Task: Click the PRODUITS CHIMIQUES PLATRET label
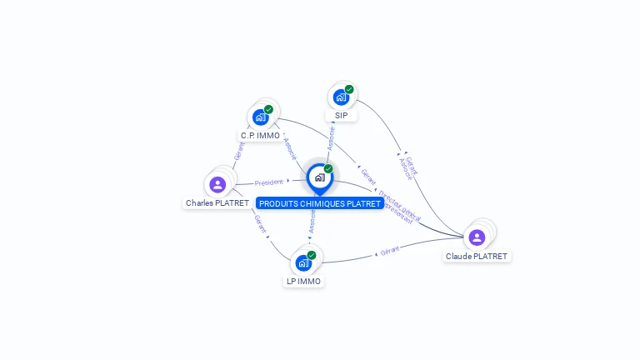320,203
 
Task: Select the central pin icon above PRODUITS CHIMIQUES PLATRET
320,177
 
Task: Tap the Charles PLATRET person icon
217,184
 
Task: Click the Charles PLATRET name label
217,203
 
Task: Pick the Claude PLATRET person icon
477,237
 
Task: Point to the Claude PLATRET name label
477,257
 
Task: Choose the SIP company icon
341,97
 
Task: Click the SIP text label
342,116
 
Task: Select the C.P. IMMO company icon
261,117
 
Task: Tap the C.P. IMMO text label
261,136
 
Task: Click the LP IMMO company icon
303,262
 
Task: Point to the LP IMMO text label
303,282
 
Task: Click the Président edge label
268,182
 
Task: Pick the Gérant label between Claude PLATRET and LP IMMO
389,250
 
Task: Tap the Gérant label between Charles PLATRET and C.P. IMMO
239,151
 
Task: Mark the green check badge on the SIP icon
349,89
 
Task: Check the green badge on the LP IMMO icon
312,255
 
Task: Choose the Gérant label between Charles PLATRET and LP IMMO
260,223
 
